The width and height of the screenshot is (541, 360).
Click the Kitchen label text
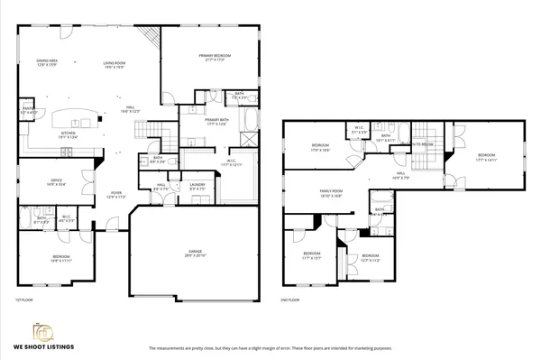[68, 135]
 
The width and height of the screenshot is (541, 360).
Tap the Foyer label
[117, 194]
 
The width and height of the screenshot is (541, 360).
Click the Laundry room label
[197, 187]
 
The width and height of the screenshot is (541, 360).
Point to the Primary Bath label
[217, 122]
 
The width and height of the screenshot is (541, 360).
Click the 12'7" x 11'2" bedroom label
[371, 257]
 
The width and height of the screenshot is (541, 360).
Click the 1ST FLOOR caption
[24, 299]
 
